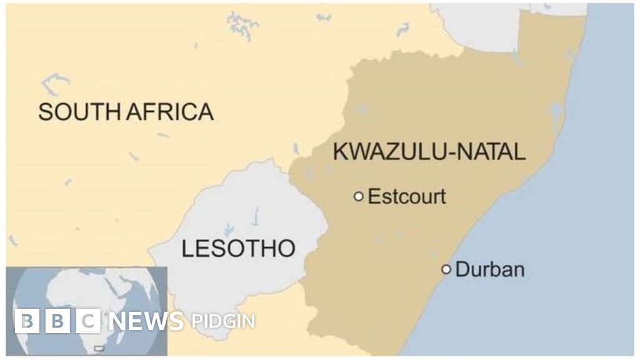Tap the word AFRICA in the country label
(169, 112)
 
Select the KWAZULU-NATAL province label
(429, 152)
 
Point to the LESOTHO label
(238, 249)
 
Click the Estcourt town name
(407, 196)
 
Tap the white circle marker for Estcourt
(359, 196)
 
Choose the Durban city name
(490, 270)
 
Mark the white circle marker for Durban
(446, 269)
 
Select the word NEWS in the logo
(146, 321)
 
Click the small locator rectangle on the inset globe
(98, 347)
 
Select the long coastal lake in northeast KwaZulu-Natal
(556, 116)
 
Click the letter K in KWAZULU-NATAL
(341, 152)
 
